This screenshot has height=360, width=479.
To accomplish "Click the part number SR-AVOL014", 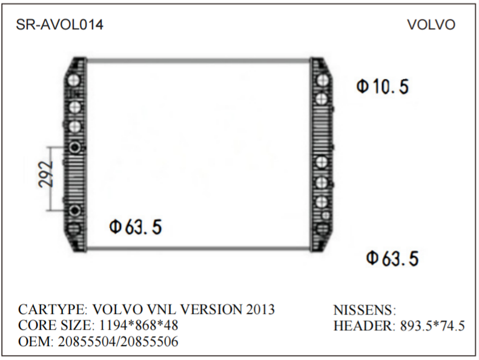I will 59,25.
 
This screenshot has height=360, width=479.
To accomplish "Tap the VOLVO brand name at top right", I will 431,25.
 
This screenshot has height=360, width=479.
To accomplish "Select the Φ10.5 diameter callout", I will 382,87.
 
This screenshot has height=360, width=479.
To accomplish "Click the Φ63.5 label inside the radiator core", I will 135,227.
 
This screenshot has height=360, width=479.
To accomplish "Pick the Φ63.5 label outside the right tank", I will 392,259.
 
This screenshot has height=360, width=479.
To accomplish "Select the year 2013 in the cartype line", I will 260,310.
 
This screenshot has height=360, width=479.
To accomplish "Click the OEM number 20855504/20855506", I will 118,342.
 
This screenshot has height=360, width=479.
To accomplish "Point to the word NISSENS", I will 363,310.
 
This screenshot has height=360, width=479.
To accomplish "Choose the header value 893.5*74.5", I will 432,326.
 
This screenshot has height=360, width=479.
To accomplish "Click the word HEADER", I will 363,326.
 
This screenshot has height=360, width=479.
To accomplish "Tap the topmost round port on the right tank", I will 322,80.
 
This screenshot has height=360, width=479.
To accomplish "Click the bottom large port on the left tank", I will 74,229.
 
